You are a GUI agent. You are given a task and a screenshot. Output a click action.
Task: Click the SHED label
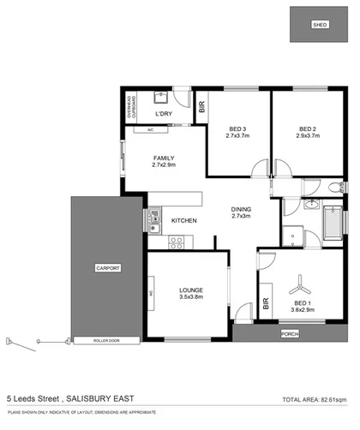[x=320, y=25]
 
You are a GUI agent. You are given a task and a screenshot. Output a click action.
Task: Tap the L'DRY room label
[x=164, y=114]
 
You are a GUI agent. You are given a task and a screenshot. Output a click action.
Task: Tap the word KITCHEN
[x=184, y=221]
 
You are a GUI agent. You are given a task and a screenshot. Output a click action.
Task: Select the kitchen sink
[x=153, y=222]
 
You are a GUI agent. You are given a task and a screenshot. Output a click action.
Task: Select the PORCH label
[x=289, y=333]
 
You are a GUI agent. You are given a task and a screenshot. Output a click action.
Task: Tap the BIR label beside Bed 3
[x=201, y=107]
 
